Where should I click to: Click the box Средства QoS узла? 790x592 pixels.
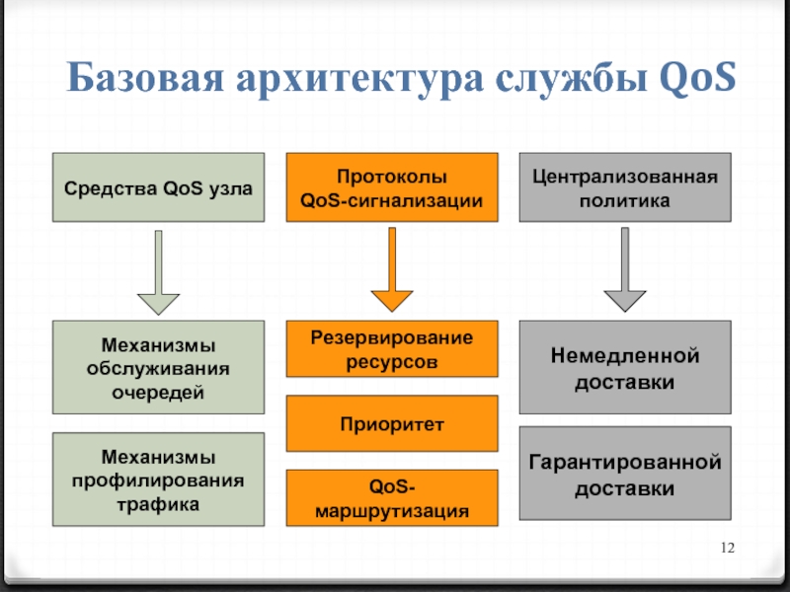[158, 186]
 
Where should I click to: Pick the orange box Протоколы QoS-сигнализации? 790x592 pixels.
[392, 186]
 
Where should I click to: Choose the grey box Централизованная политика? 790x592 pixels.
[625, 186]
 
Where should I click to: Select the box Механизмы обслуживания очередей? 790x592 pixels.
[158, 367]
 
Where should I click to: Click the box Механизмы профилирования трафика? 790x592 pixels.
[158, 480]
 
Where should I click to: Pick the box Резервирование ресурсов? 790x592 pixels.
[392, 349]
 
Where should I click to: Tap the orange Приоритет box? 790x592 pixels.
[392, 423]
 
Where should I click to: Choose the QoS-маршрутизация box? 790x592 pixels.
[392, 497]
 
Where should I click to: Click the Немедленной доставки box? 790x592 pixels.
[625, 367]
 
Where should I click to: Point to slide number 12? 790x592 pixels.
[731, 549]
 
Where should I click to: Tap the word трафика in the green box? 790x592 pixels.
[158, 503]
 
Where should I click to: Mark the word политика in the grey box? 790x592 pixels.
[625, 200]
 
